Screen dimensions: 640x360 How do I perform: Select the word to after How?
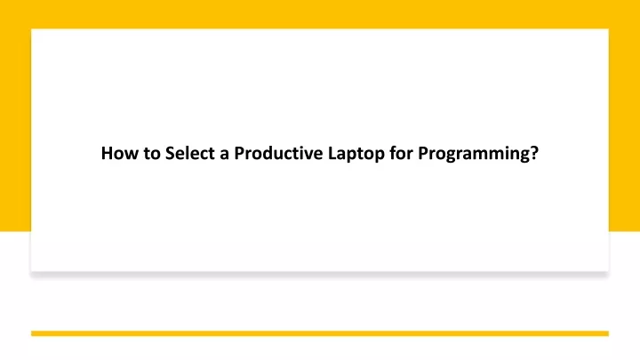coord(152,154)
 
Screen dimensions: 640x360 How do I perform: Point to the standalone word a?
coord(224,155)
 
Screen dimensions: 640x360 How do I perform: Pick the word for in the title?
coord(401,153)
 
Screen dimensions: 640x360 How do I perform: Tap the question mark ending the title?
coord(534,153)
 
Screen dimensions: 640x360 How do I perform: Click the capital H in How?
coord(107,153)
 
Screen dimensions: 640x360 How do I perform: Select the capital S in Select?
coord(170,153)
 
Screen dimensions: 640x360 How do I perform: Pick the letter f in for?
coord(393,153)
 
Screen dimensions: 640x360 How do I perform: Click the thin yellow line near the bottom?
coord(320,333)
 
